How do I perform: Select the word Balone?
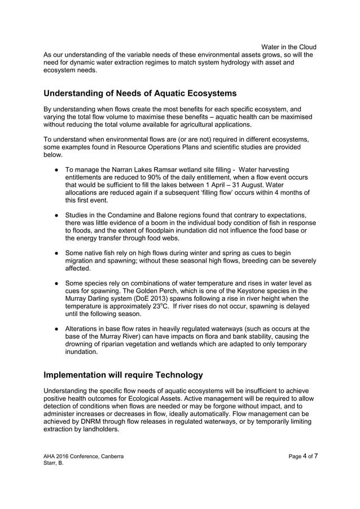[164, 216]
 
